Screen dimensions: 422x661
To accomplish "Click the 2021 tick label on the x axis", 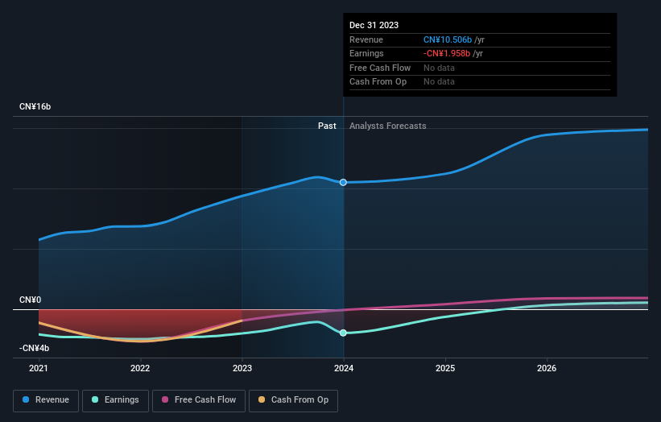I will (39, 369).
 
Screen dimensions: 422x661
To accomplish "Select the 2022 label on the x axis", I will (140, 369).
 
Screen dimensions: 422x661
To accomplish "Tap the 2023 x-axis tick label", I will (242, 369).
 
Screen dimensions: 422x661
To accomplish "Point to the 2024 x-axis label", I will (344, 369).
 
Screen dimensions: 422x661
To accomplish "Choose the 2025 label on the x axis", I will (445, 369).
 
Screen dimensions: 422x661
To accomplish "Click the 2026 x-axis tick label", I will (547, 369).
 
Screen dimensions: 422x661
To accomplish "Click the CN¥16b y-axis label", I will (35, 107).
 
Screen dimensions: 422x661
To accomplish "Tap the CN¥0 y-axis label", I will (30, 300).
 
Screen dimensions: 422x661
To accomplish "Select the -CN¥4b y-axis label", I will (35, 349).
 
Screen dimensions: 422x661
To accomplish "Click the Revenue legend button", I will (46, 399).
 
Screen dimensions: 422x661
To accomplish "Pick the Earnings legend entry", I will (115, 399).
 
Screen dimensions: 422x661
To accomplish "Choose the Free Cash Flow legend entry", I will (199, 399).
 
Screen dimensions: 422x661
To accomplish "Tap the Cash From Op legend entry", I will (293, 399).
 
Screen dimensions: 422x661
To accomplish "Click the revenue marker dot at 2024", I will (344, 183).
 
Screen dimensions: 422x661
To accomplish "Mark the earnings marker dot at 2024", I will (344, 333).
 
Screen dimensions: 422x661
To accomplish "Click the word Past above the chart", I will (327, 126).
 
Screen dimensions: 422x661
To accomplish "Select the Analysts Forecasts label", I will (387, 126).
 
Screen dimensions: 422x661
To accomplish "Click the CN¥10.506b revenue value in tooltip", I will (448, 39).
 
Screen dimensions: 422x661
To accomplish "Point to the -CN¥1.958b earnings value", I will (448, 54).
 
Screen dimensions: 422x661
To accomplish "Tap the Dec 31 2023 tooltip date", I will (374, 26).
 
